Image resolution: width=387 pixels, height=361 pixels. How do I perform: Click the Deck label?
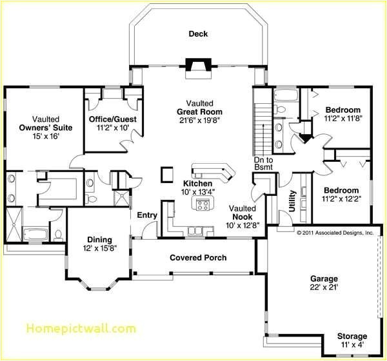[x=198, y=34]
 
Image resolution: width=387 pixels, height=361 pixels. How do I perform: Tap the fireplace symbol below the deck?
[x=195, y=64]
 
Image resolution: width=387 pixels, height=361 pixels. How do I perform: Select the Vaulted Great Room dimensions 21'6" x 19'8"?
[x=200, y=121]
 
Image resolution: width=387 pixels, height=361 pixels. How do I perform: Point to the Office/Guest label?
[x=112, y=119]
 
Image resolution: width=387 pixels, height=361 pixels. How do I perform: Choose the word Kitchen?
[x=197, y=183]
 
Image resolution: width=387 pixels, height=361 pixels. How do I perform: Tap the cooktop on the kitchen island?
[x=203, y=205]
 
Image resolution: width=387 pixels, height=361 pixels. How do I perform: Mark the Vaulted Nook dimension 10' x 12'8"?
[x=242, y=225]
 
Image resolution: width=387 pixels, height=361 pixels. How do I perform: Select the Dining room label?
[x=95, y=240]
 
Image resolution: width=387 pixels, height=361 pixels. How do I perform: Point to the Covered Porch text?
[x=198, y=258]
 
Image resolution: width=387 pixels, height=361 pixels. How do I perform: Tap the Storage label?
[x=352, y=337]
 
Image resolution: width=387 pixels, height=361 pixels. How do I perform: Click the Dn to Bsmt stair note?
[x=263, y=163]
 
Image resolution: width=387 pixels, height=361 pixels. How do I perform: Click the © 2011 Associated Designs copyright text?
[x=335, y=232]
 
